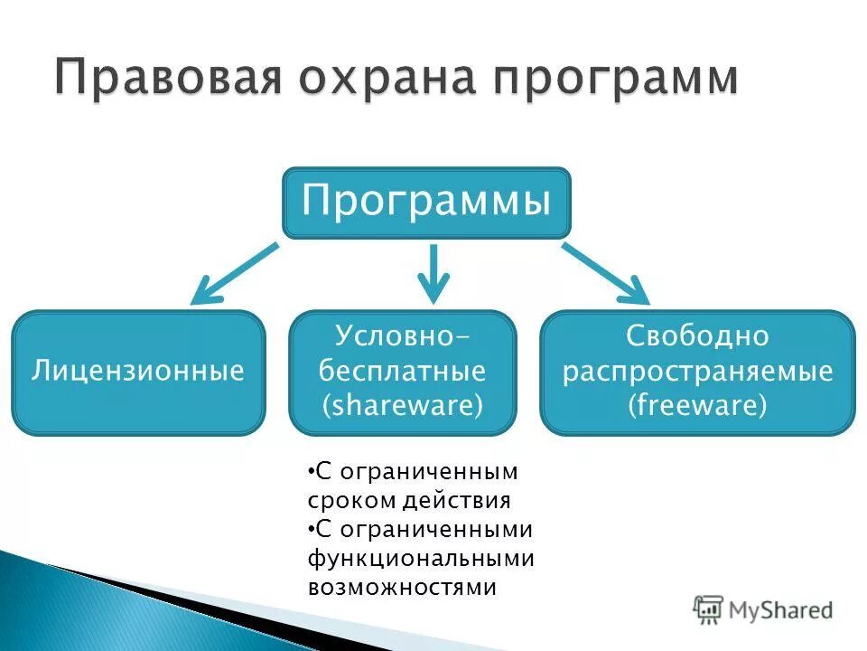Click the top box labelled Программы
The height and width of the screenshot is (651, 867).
(x=426, y=202)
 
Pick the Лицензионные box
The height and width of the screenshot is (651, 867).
(x=138, y=372)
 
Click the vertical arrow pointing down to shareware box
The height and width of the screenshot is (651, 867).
(x=433, y=273)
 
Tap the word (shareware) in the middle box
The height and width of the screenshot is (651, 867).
(x=403, y=406)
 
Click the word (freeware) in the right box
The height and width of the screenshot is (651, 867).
(x=697, y=405)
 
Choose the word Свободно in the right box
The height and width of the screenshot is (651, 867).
(x=697, y=336)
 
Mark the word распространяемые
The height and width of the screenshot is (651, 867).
(x=697, y=372)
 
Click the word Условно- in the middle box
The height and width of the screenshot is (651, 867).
(x=403, y=336)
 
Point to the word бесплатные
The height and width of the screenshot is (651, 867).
(x=403, y=372)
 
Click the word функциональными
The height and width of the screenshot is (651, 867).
(x=421, y=558)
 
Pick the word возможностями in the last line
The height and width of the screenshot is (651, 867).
(x=402, y=587)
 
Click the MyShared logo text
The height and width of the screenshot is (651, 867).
(x=780, y=610)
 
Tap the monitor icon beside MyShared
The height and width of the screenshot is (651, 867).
(x=709, y=609)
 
